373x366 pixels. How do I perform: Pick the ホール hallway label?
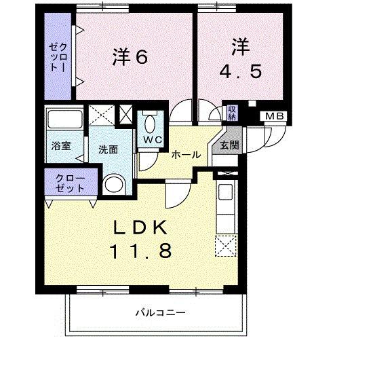tap(185, 155)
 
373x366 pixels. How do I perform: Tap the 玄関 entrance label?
tap(229, 144)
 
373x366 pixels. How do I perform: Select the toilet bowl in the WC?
tap(149, 124)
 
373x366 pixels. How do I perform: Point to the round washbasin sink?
tap(115, 185)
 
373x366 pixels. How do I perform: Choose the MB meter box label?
tap(275, 117)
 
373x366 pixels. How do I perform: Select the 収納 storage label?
tap(232, 112)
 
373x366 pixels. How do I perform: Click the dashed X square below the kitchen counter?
tap(224, 245)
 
